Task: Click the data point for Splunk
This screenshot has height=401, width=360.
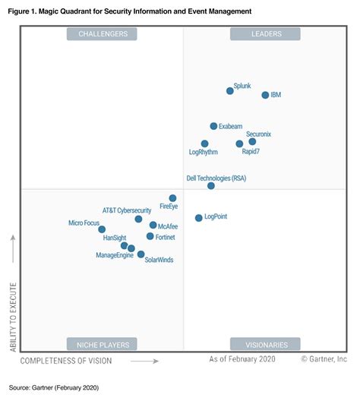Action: (230, 91)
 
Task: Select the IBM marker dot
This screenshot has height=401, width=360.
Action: (265, 95)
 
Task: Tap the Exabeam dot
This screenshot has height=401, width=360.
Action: (213, 126)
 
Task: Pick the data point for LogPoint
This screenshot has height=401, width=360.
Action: (199, 218)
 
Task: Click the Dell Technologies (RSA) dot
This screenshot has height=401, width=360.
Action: (211, 186)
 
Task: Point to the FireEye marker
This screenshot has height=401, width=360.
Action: (172, 198)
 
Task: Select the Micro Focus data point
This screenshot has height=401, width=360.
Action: (102, 229)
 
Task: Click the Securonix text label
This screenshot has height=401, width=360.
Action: (258, 134)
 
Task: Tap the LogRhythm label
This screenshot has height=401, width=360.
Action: (203, 152)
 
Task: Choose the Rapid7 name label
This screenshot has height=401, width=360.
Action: (251, 152)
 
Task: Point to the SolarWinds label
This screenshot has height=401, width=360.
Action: (159, 260)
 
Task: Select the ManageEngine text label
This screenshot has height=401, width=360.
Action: (115, 255)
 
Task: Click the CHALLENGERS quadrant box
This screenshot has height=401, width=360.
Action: (102, 33)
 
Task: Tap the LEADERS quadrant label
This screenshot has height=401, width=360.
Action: (265, 33)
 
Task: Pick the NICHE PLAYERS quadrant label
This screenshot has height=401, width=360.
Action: (102, 344)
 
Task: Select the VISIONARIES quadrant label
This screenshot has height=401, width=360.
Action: (265, 344)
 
